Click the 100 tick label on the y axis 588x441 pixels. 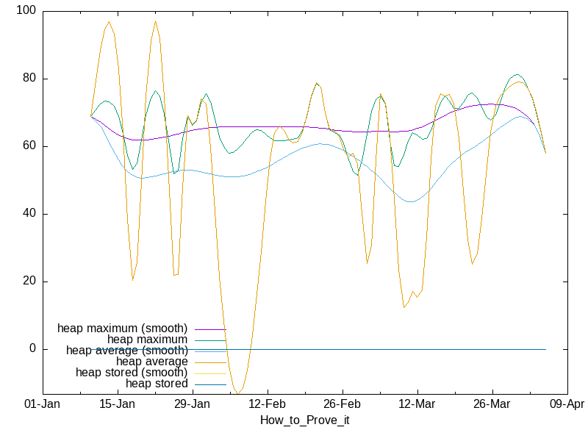(27, 11)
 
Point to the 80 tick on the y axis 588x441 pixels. (30, 79)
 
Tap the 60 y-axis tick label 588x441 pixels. (30, 146)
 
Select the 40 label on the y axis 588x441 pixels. (30, 214)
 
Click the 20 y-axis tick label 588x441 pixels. (30, 282)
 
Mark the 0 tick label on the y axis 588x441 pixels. (33, 349)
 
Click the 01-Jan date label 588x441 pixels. (43, 404)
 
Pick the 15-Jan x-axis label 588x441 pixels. (117, 404)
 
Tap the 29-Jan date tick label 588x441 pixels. (192, 404)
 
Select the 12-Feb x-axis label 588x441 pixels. (267, 404)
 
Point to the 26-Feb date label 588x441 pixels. (342, 404)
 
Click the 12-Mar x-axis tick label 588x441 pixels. (417, 404)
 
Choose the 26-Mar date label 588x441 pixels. (492, 404)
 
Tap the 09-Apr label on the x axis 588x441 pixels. (567, 404)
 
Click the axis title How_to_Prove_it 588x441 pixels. (305, 420)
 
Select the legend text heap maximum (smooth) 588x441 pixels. (122, 328)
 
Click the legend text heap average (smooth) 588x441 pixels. (126, 351)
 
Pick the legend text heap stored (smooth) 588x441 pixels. (132, 373)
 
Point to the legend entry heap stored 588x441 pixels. (157, 384)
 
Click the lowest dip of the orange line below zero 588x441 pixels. (237, 394)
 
